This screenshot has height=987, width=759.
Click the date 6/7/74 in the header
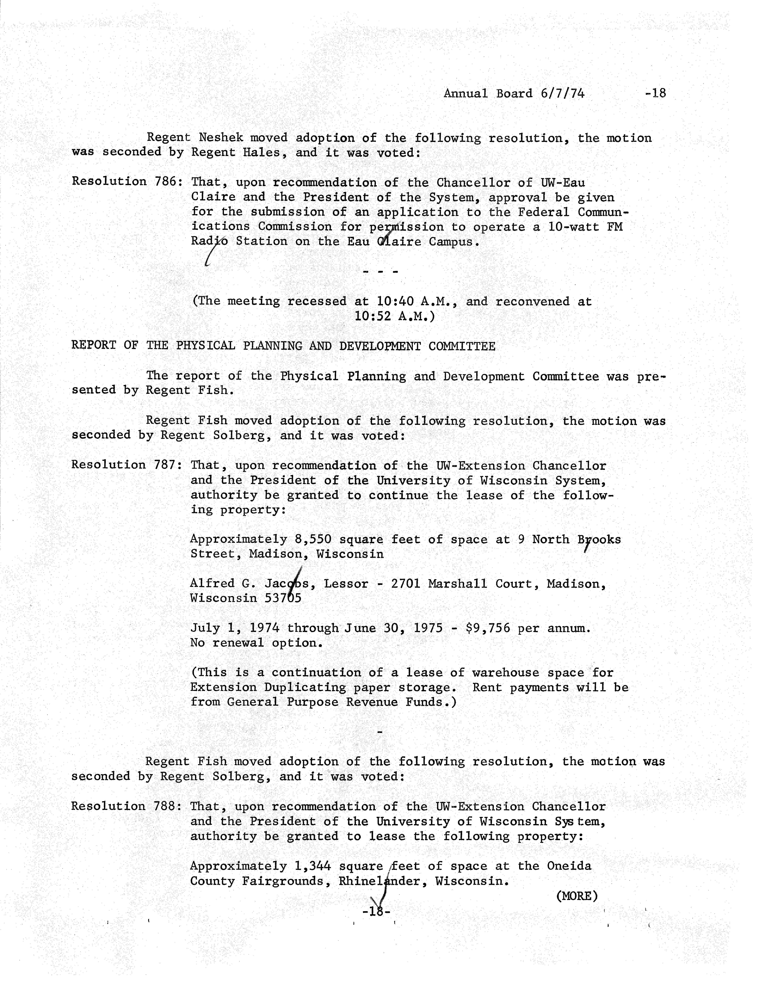[562, 94]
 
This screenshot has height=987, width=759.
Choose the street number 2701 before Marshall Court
[405, 584]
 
